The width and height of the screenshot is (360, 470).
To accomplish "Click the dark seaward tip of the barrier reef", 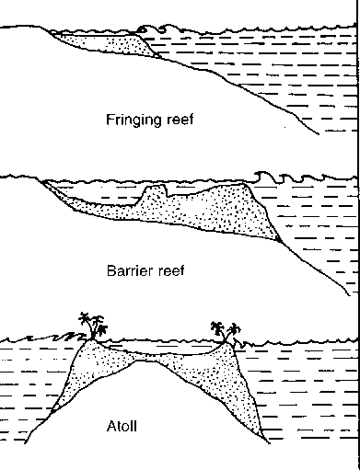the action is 279,237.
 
